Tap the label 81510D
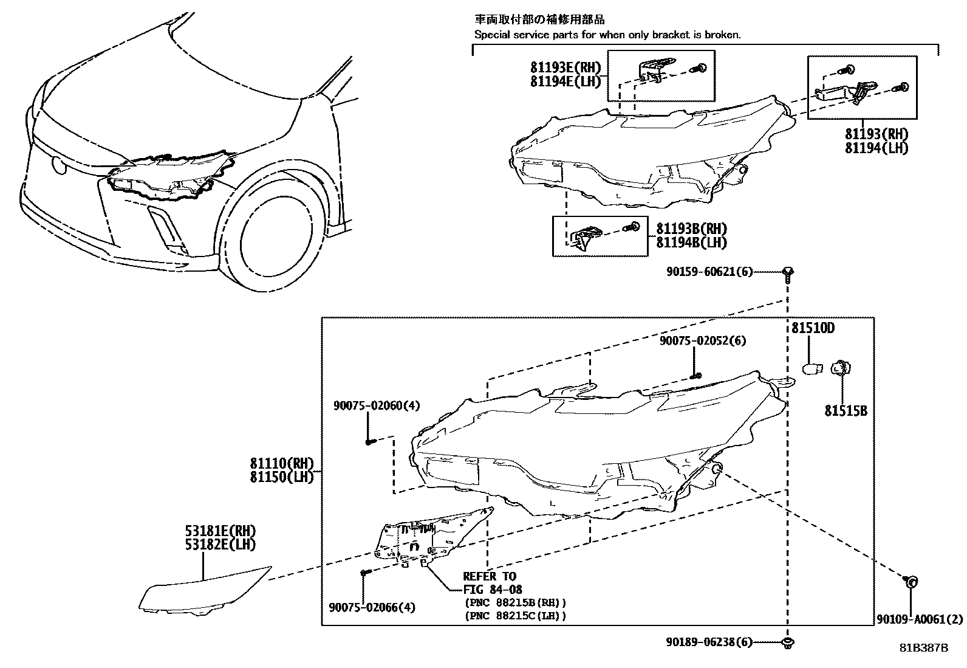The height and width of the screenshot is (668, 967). [813, 328]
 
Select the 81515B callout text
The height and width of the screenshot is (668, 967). [846, 411]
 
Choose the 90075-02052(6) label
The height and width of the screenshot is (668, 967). [703, 341]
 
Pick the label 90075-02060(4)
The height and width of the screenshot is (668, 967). [376, 405]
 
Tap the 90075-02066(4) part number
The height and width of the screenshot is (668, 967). [372, 607]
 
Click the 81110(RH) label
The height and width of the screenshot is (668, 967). [281, 463]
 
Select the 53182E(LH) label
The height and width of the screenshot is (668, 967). [220, 545]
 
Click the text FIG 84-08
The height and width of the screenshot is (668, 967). [493, 589]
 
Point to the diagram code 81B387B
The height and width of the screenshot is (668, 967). [923, 647]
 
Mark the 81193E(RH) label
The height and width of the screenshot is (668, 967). [565, 67]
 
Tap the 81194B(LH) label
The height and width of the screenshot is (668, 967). [691, 243]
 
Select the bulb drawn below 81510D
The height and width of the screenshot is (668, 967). [812, 368]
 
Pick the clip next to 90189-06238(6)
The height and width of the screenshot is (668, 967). [788, 642]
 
